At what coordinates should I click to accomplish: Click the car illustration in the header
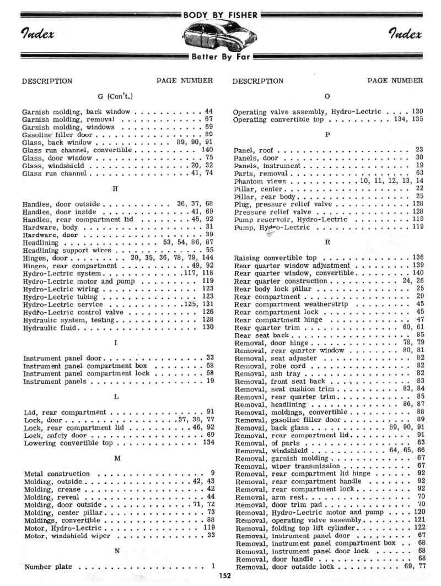220,37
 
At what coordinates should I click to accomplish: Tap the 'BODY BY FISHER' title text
220,15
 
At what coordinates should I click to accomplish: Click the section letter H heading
115,189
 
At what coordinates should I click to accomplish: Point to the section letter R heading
328,242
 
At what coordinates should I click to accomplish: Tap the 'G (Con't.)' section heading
116,96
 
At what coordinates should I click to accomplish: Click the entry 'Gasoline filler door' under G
57,134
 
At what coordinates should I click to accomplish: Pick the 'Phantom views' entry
260,181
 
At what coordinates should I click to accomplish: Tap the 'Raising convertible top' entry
276,258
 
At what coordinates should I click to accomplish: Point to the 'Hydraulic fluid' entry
50,328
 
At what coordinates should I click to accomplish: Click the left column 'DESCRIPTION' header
47,81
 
